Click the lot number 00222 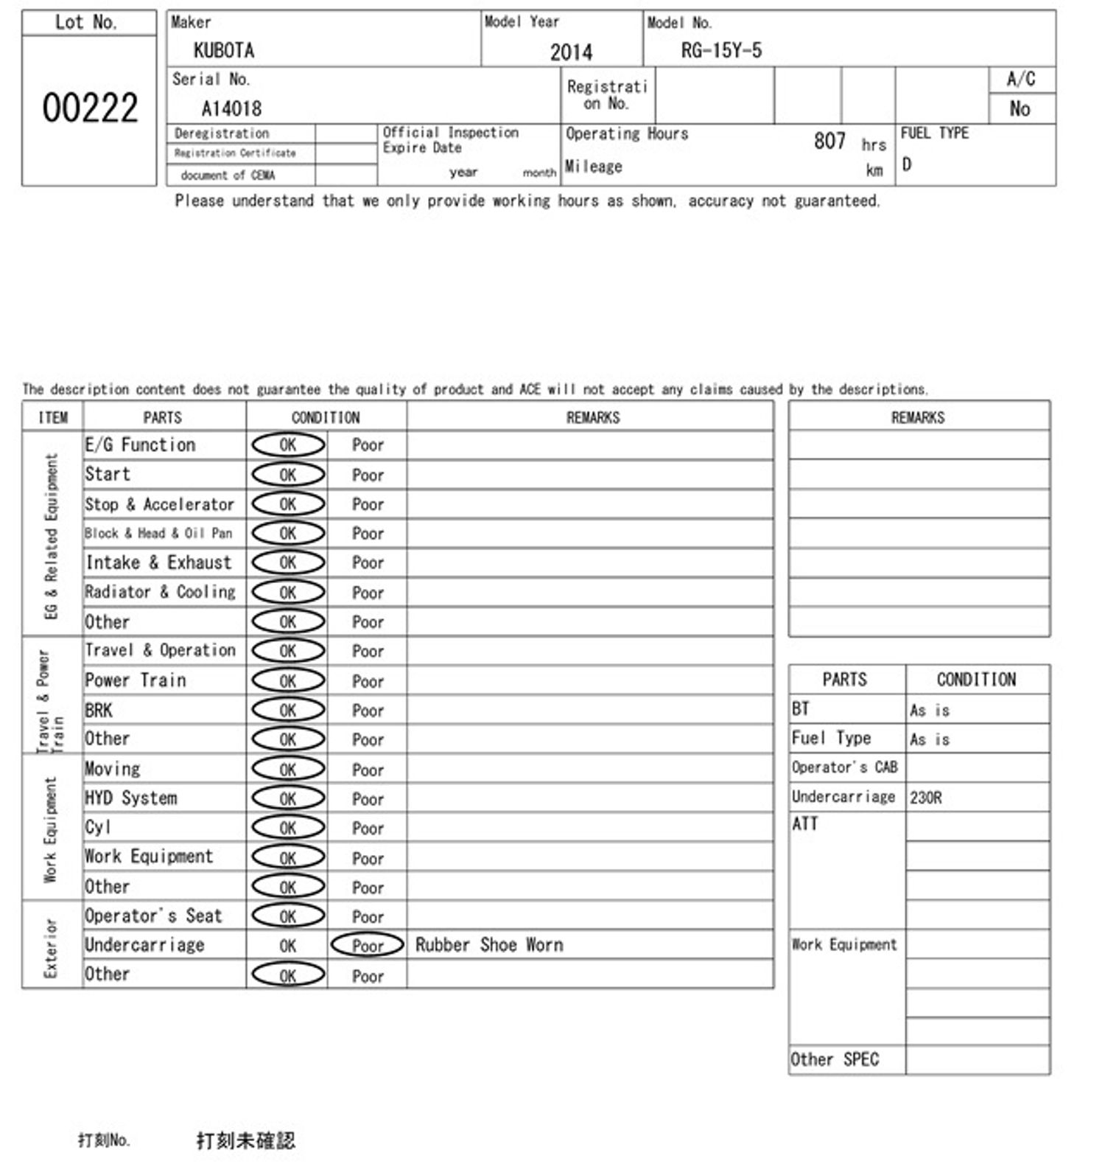[90, 108]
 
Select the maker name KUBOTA [224, 50]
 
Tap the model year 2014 [571, 52]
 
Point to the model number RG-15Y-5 [721, 50]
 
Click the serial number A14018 [231, 109]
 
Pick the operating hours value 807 [829, 141]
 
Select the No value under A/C [1020, 109]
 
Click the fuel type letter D [907, 164]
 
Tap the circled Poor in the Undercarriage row [368, 946]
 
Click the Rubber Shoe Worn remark [489, 945]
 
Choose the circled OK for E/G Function [288, 445]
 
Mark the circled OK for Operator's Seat [288, 916]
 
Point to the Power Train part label [136, 680]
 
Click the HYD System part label [131, 798]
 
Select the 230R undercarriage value [926, 798]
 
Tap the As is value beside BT [930, 711]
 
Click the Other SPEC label [835, 1060]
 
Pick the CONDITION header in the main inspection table [326, 418]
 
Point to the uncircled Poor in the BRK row [368, 711]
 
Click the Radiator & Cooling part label [160, 592]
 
